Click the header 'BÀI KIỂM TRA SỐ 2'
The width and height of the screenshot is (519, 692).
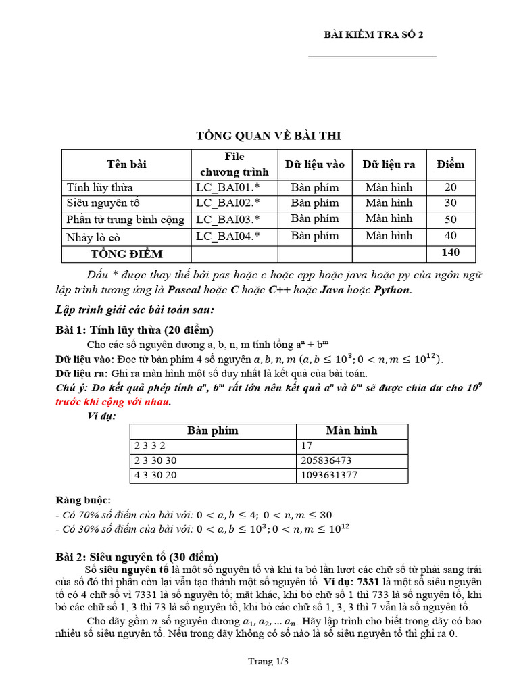(374, 36)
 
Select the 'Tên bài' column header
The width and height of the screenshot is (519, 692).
(126, 164)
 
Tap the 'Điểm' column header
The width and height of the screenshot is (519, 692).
(450, 164)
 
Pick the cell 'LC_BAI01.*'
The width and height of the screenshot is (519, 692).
(228, 187)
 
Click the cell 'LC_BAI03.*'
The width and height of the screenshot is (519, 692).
(228, 219)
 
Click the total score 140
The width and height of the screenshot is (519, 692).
(450, 253)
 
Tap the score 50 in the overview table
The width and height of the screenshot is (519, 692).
(450, 219)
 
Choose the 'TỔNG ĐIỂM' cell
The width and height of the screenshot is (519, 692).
(127, 253)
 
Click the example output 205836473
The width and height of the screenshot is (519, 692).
(332, 460)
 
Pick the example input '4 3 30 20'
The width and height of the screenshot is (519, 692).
(157, 475)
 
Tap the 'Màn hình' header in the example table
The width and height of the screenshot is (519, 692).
(351, 430)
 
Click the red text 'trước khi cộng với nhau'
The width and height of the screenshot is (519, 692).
(112, 401)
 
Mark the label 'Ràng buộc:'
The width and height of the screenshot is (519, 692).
(82, 500)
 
